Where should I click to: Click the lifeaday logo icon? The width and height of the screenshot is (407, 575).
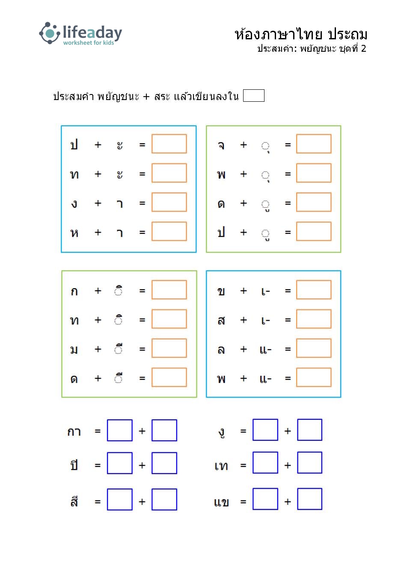point(50,33)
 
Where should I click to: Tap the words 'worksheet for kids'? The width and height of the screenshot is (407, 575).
point(89,43)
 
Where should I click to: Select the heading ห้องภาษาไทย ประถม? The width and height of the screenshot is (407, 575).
point(301,34)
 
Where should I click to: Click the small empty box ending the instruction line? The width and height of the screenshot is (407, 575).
point(254,95)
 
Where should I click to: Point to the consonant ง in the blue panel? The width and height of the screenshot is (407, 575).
point(74,204)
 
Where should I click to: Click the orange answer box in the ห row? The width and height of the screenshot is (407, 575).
point(169,231)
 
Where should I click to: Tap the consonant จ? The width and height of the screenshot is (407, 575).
point(221,145)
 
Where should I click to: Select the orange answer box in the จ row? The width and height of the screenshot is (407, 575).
point(314,144)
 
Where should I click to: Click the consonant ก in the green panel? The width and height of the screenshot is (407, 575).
point(74,292)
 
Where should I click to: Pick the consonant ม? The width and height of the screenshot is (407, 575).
point(74,350)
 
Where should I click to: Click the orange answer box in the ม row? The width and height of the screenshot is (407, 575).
point(169,348)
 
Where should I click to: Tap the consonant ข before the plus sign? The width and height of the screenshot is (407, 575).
point(221,292)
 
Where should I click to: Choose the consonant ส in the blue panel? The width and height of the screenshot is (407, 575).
point(221,321)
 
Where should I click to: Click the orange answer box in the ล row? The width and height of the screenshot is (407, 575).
point(314,348)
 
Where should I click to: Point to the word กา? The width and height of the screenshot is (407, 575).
point(74,432)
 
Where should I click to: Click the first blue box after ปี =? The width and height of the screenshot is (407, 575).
point(120,463)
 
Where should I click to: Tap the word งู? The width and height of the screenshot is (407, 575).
point(221,432)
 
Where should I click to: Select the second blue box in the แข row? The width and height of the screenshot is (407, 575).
point(309,499)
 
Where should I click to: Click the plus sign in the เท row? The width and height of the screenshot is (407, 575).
point(288,465)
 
